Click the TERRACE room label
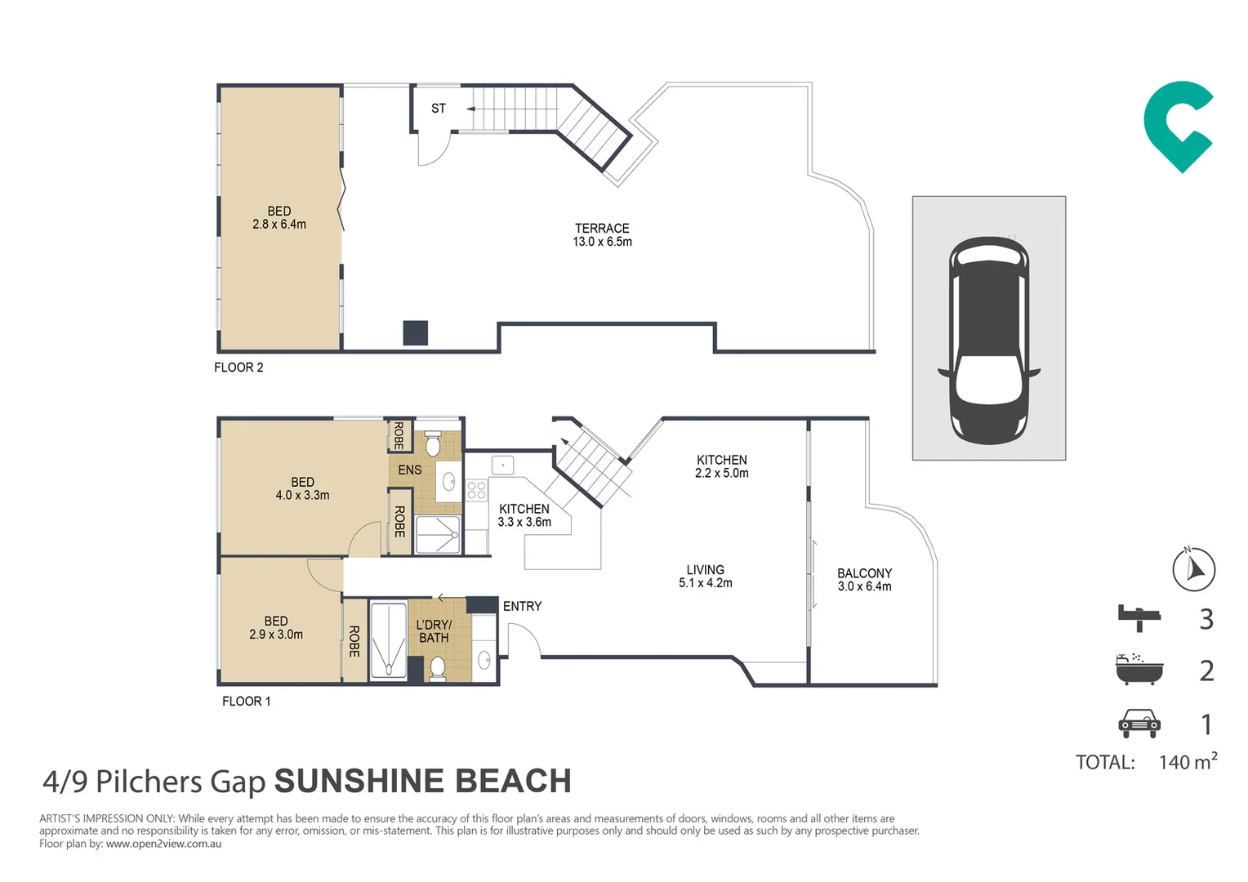(602, 234)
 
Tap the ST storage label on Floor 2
(439, 109)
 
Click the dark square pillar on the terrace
(415, 333)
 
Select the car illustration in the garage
(988, 340)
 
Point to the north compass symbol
(1193, 569)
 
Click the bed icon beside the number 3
(1139, 618)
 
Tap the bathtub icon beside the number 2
(1139, 670)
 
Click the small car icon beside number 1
(1139, 724)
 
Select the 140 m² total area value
(1188, 762)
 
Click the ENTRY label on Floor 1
(522, 606)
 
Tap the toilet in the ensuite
(433, 445)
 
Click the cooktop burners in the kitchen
(476, 490)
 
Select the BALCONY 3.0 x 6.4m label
(864, 580)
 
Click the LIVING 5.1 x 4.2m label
(705, 576)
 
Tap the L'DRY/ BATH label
(434, 631)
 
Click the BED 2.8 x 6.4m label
(279, 217)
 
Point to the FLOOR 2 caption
(238, 367)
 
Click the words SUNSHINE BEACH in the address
(422, 782)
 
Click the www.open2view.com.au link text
(163, 844)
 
